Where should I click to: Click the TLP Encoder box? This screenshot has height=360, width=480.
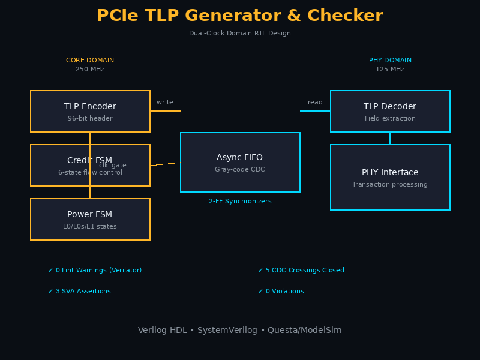[x=90, y=112]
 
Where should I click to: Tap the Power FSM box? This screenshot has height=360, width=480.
[x=90, y=220]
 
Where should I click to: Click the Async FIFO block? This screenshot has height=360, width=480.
[x=240, y=163]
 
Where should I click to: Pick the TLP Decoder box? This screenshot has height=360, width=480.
[x=390, y=112]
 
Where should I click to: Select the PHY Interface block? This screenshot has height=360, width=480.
[x=390, y=178]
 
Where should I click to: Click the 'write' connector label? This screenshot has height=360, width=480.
[x=165, y=103]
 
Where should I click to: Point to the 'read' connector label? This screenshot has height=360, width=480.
[x=315, y=103]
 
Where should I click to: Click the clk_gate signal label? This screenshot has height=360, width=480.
[x=113, y=165]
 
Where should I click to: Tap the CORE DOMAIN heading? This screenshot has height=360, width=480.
[x=90, y=61]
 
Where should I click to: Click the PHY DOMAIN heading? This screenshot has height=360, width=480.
[x=390, y=61]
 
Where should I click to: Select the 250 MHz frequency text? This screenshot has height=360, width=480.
[x=90, y=70]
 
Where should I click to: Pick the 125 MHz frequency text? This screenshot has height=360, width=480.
[x=390, y=70]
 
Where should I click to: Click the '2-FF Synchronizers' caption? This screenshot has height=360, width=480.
[x=240, y=202]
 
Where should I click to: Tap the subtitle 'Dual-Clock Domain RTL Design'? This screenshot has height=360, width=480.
[x=240, y=34]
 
